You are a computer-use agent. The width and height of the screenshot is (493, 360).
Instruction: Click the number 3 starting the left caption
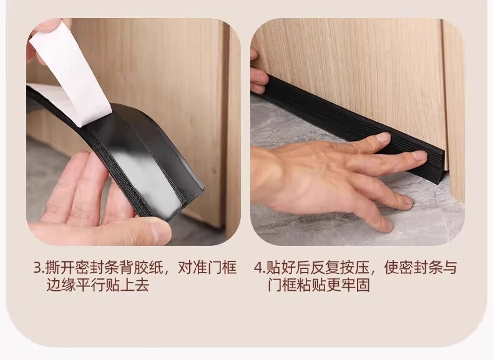click(37, 268)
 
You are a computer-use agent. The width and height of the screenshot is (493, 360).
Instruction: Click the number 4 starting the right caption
click(258, 268)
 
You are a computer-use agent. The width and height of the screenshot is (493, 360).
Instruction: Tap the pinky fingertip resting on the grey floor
click(387, 225)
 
